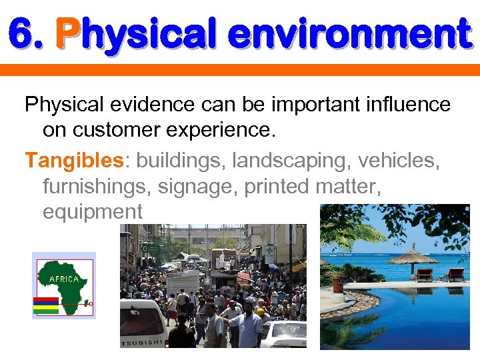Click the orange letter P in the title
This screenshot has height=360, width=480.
pos(68,34)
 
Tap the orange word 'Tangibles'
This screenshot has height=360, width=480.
pos(74,161)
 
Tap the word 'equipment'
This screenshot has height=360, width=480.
pos(92,212)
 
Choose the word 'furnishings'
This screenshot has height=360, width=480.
pos(97,187)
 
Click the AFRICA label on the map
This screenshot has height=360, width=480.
pos(64,279)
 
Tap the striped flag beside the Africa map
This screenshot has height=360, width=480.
pos(46,305)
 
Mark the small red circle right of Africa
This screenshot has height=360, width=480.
pos(91,303)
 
